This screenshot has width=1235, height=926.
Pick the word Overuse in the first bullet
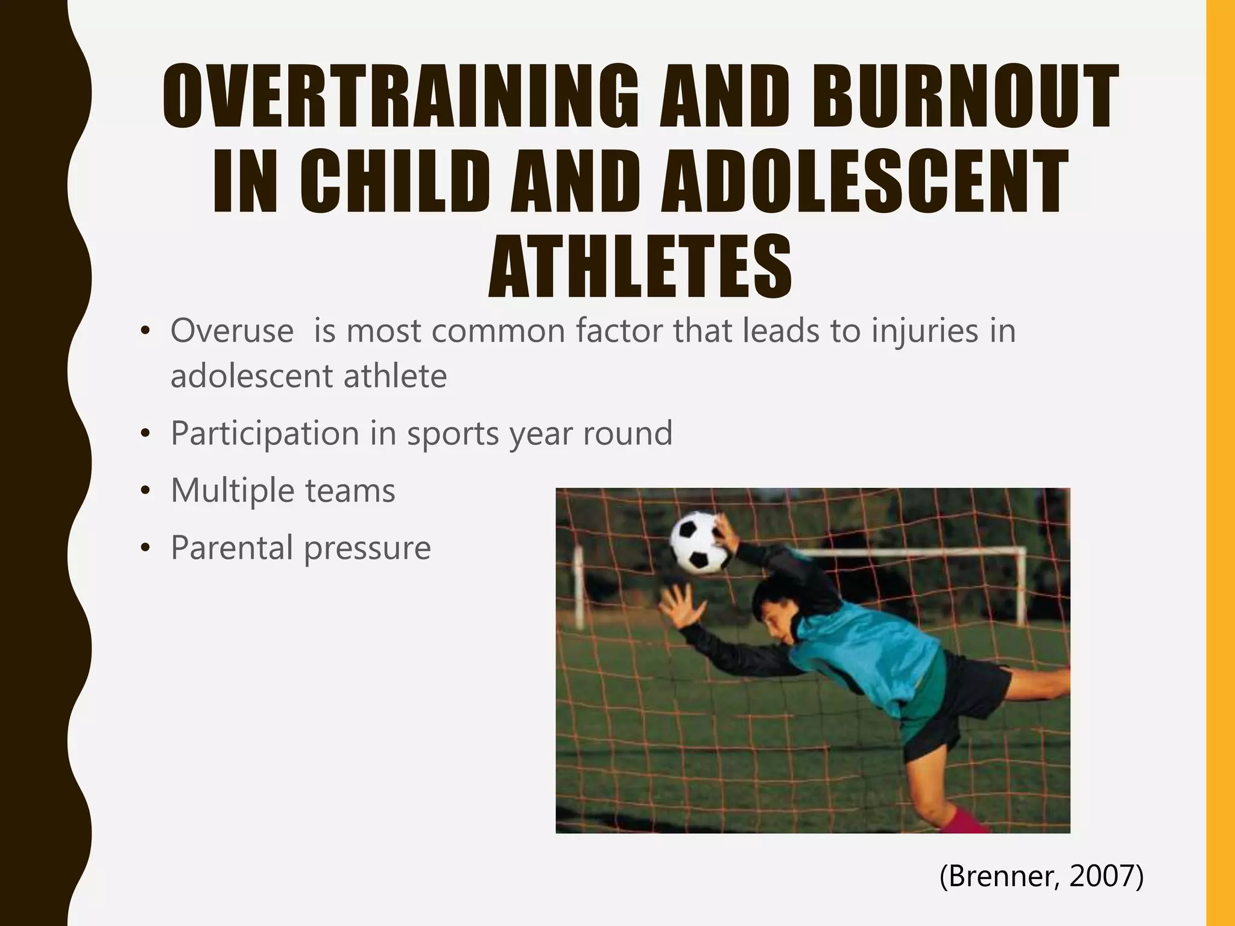tap(232, 331)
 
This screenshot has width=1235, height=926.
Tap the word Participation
tap(265, 433)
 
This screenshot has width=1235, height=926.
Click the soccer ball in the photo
tap(700, 542)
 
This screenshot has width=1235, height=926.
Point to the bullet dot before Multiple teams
tap(145, 491)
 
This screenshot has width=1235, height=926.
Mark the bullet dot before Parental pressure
tap(145, 549)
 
